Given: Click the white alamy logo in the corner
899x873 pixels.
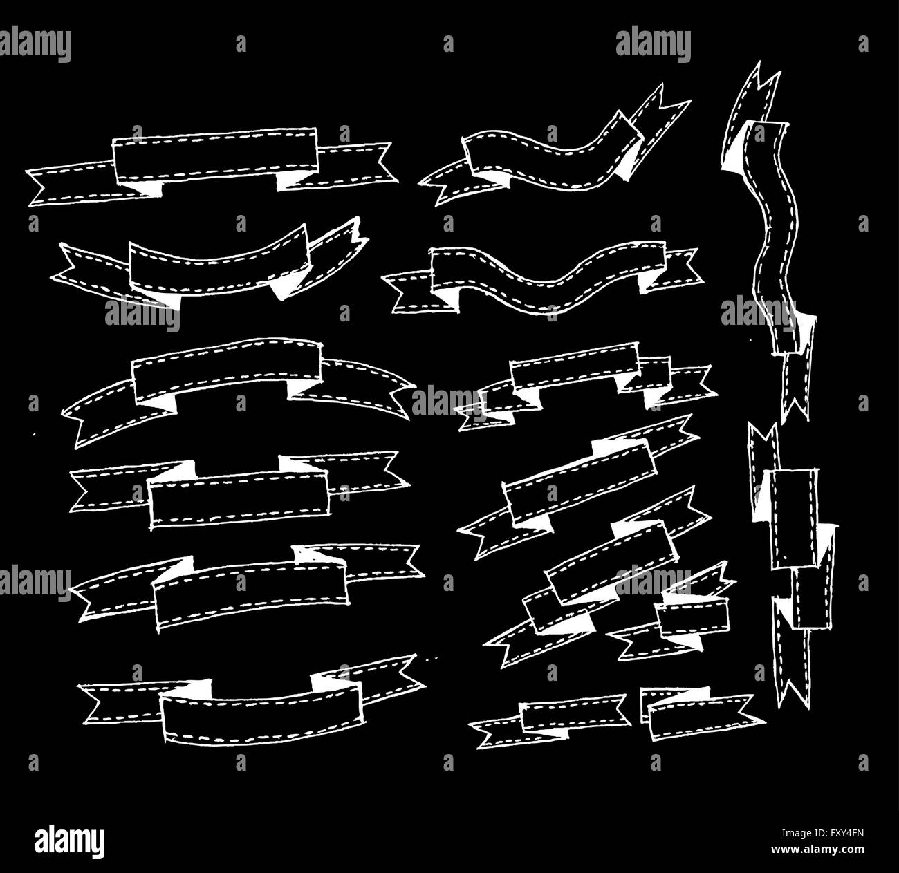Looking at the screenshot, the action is [x=69, y=841].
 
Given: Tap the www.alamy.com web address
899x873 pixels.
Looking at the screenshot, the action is [x=817, y=849].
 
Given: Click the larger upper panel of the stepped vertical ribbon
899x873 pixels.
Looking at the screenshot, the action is [x=793, y=518].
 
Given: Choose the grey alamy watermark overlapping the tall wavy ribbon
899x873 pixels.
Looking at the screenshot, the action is [x=759, y=313].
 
